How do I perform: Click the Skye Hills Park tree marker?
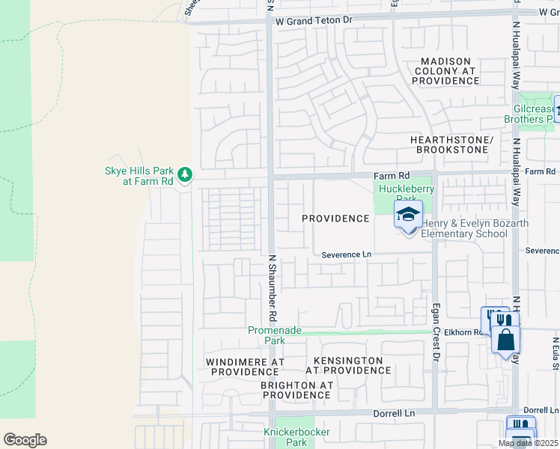click(x=185, y=174)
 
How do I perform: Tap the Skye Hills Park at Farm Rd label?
click(x=139, y=176)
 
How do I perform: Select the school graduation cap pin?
click(x=408, y=216)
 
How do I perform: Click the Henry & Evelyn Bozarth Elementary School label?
click(x=474, y=228)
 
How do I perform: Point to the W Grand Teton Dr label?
click(x=313, y=22)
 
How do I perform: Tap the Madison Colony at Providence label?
click(x=445, y=70)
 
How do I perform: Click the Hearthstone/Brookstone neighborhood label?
click(x=448, y=144)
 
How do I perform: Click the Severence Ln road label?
click(x=346, y=254)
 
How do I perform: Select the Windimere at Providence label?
click(x=245, y=367)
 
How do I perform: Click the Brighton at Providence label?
click(x=296, y=390)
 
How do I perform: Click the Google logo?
click(x=25, y=440)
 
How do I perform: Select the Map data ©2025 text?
click(x=528, y=443)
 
